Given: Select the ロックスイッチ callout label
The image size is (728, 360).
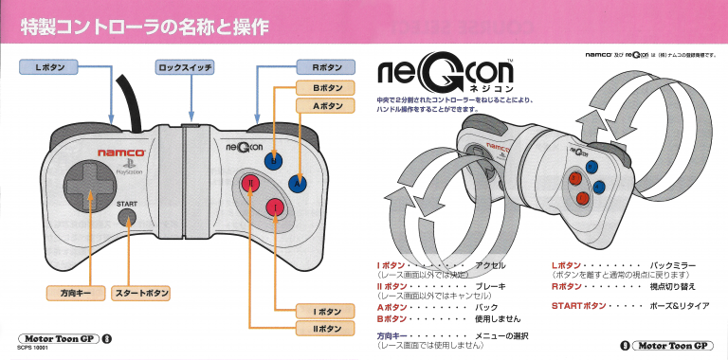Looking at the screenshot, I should (x=185, y=68).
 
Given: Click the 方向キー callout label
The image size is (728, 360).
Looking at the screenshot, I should (x=71, y=293).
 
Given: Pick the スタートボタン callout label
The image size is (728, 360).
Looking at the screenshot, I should (x=142, y=293).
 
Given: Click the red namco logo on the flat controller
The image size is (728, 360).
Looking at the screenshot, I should (x=120, y=152).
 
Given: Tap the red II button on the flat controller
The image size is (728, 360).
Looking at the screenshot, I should (x=249, y=183).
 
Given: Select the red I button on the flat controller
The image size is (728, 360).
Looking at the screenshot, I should (x=273, y=207).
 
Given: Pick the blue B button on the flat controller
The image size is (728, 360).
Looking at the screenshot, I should (x=273, y=159).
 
